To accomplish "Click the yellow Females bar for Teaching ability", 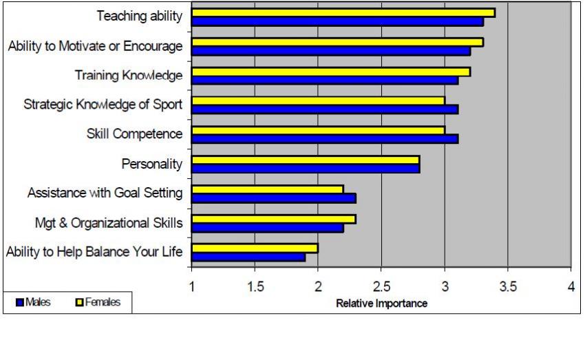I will (x=343, y=12).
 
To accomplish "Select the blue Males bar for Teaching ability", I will (x=337, y=21).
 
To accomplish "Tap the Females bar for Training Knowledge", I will (x=330, y=72).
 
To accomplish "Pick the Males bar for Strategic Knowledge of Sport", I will (x=324, y=109).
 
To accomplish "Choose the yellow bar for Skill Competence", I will (x=318, y=130).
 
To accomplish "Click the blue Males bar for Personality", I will (x=306, y=169).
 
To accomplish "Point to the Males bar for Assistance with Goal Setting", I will (x=273, y=198).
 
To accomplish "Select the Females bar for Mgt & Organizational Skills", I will (x=273, y=219).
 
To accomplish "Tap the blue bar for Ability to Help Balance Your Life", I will (x=248, y=257).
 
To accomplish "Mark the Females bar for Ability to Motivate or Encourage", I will (x=337, y=42).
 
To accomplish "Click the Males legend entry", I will (x=34, y=302).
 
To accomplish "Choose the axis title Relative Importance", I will (x=381, y=304).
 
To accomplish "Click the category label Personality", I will (x=151, y=164).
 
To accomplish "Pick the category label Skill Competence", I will (x=134, y=134).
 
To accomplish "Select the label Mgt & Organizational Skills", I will (x=109, y=223).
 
